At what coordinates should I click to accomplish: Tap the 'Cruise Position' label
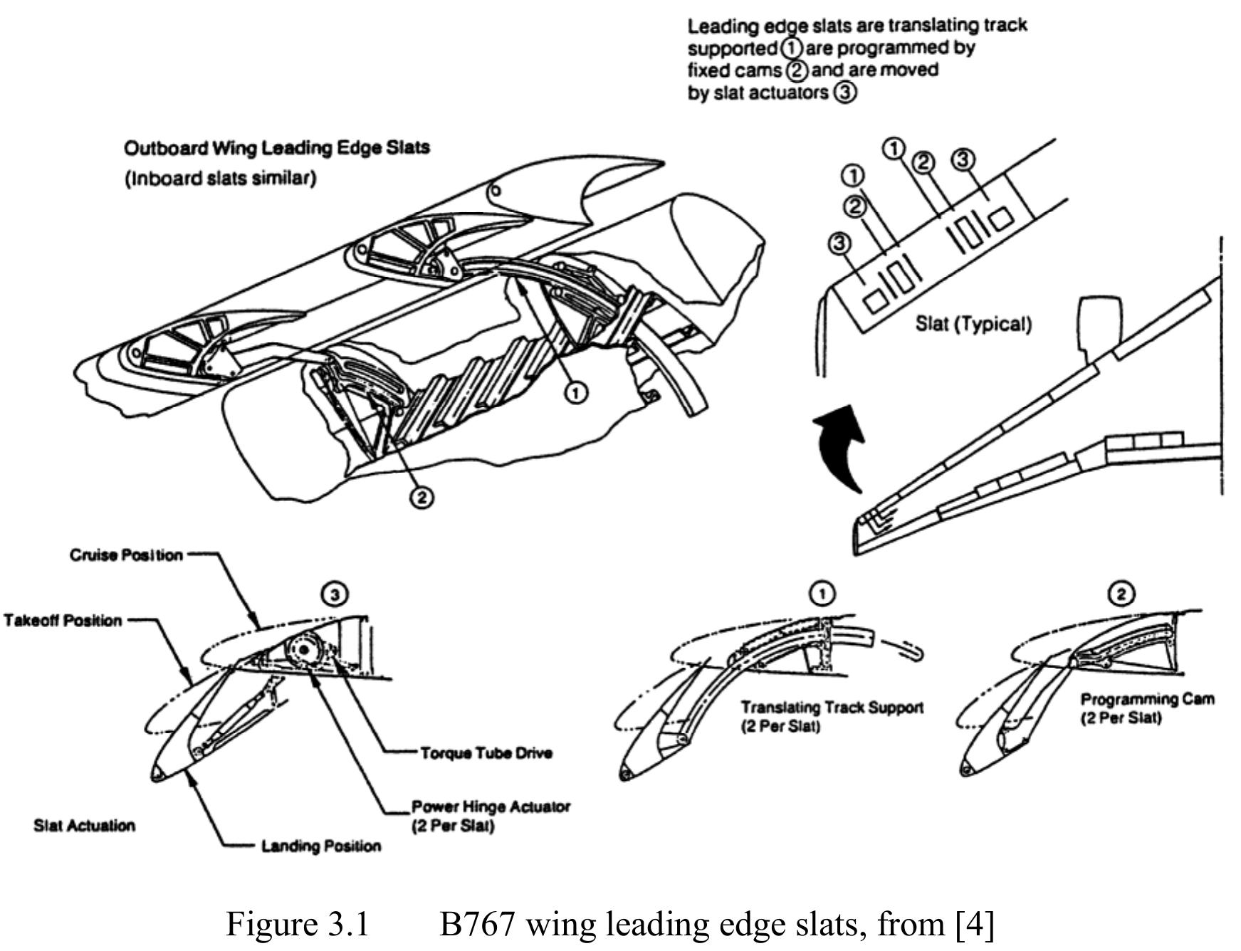[x=126, y=555]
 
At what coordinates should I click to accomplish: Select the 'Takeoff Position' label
[x=63, y=621]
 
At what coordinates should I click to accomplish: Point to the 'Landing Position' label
[x=320, y=846]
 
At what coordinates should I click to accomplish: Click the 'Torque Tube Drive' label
[x=486, y=753]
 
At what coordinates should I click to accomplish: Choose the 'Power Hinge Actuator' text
[x=491, y=807]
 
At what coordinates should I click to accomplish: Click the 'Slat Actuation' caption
[x=84, y=826]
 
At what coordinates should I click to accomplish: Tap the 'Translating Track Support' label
[x=832, y=708]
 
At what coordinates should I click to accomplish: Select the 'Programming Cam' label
[x=1147, y=700]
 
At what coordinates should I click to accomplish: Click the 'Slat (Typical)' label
[x=973, y=325]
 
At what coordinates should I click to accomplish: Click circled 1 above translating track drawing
[x=822, y=593]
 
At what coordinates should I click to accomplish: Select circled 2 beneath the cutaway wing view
[x=422, y=497]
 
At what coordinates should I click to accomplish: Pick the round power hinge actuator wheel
[x=304, y=650]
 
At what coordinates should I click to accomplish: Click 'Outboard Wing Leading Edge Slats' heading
[x=277, y=148]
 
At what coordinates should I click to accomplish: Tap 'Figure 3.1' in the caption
[x=297, y=924]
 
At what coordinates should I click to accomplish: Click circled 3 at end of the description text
[x=844, y=93]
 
